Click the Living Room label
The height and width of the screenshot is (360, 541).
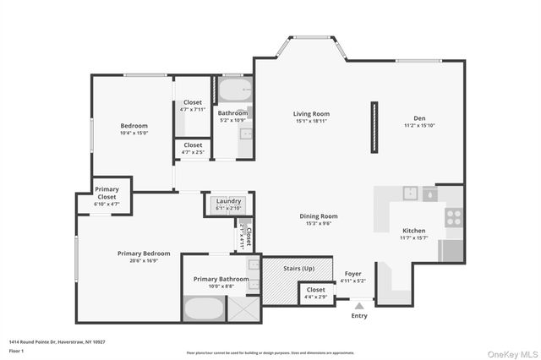point(311,113)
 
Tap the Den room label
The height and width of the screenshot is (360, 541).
point(418,118)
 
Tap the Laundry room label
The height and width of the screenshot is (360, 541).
point(228,201)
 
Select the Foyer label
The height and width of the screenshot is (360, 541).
point(353,275)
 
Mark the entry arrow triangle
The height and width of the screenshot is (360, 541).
point(360,306)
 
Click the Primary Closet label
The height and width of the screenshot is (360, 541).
point(107,193)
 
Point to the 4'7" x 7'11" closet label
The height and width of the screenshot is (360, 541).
point(193,106)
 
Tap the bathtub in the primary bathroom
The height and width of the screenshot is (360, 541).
point(203,309)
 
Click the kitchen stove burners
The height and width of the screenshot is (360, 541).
point(453,215)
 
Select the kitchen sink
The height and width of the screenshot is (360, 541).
point(410,193)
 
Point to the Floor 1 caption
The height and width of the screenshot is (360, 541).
point(16,349)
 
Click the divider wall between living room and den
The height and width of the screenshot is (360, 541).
point(372,128)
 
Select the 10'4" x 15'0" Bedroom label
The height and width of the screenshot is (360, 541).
point(134,129)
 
